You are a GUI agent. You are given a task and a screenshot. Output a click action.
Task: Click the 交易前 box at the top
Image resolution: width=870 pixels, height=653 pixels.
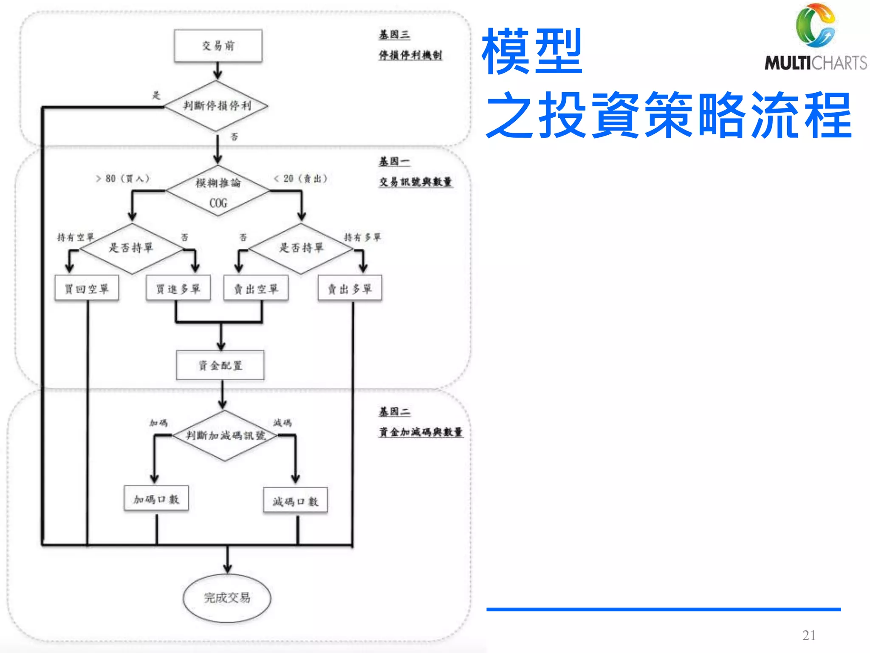click(x=218, y=45)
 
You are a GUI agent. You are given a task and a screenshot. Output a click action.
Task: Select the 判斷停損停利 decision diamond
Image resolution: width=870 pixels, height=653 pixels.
click(x=217, y=105)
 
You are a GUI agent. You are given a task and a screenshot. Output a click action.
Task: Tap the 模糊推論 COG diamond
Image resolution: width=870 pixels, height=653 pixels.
click(x=218, y=191)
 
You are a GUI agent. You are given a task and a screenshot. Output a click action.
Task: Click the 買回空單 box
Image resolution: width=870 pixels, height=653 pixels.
click(x=87, y=289)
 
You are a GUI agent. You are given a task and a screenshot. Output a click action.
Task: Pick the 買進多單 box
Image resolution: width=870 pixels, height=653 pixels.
click(x=178, y=289)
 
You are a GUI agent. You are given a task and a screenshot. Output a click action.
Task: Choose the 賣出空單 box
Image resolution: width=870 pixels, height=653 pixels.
click(x=256, y=289)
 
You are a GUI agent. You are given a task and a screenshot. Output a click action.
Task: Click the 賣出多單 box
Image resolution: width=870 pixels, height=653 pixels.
click(x=350, y=289)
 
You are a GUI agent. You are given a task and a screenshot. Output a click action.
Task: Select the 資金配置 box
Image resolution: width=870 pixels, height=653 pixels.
click(x=220, y=365)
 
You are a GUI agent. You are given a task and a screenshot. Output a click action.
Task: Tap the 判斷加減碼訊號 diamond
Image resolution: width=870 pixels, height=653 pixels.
click(x=225, y=435)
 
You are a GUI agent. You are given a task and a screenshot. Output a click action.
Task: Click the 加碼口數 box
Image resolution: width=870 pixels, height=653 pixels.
click(x=156, y=499)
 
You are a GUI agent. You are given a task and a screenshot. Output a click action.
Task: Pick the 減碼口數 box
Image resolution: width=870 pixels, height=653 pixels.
click(x=295, y=501)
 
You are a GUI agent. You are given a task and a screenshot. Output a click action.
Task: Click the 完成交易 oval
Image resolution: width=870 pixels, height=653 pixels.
click(x=227, y=598)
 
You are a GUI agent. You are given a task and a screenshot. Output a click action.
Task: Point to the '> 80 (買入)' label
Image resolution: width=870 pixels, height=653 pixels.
click(x=123, y=179)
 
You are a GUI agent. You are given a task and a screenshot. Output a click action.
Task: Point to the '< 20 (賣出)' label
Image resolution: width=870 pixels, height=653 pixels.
click(x=301, y=179)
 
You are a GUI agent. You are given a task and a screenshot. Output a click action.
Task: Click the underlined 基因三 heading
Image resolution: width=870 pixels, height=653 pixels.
click(x=394, y=34)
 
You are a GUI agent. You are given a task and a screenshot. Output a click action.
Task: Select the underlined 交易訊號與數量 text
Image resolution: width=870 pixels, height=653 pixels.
click(x=415, y=182)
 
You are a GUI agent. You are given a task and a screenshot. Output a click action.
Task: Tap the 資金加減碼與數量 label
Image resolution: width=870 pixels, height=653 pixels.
click(x=421, y=432)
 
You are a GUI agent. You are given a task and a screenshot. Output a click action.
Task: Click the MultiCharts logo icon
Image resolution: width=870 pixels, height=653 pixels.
click(x=815, y=26)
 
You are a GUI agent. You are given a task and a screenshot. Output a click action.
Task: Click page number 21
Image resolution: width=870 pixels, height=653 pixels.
click(x=808, y=635)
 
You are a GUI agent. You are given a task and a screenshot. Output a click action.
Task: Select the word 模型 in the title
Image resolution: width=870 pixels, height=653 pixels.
click(x=532, y=51)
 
